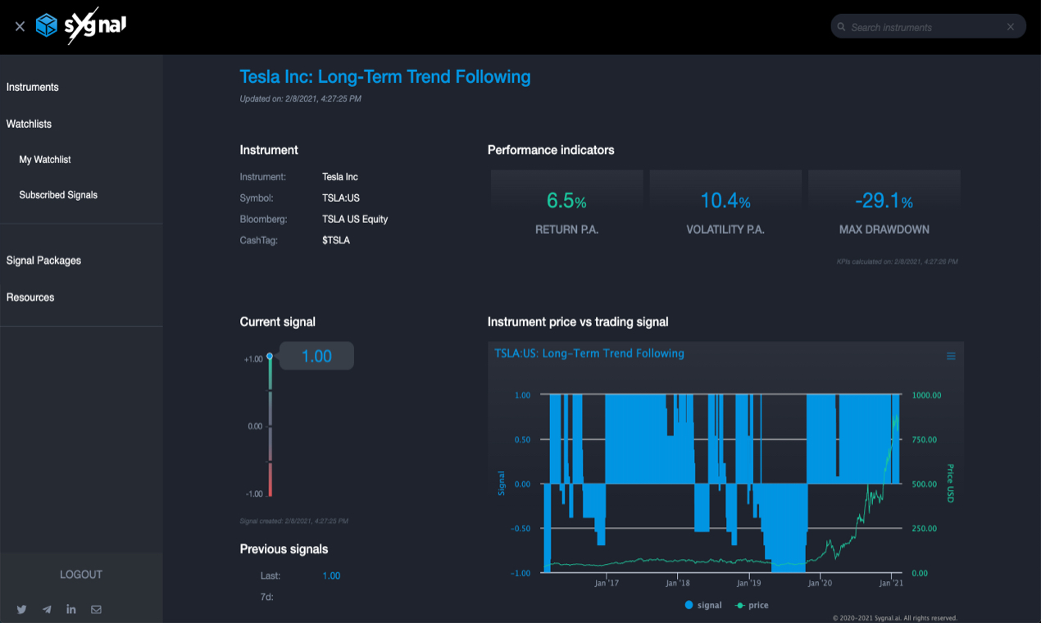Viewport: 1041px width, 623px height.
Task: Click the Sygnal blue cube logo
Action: tap(47, 25)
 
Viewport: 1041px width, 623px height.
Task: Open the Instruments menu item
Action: tap(33, 87)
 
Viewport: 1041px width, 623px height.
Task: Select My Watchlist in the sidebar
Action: tap(44, 160)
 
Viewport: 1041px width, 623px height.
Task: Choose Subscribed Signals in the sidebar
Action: tap(58, 195)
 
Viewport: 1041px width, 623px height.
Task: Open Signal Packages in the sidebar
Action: tap(43, 261)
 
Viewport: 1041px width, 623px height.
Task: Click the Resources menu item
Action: tap(30, 297)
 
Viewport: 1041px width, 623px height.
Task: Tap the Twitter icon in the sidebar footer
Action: tap(22, 609)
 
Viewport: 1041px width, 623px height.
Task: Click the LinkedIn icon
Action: tap(71, 609)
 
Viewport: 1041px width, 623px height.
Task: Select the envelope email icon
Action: tap(96, 609)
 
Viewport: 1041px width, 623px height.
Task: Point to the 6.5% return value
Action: tap(566, 200)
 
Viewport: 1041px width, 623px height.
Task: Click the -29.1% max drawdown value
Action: tap(884, 200)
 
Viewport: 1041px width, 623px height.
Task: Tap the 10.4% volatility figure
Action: tap(725, 200)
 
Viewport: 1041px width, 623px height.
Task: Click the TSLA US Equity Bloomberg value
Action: tap(355, 219)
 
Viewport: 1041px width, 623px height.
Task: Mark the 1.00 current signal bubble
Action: tap(316, 356)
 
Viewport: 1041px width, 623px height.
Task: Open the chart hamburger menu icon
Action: tap(951, 356)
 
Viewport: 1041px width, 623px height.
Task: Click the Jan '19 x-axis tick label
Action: tap(748, 583)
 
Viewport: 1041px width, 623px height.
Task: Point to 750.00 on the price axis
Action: tap(925, 440)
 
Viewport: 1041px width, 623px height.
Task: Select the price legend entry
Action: tap(752, 605)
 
